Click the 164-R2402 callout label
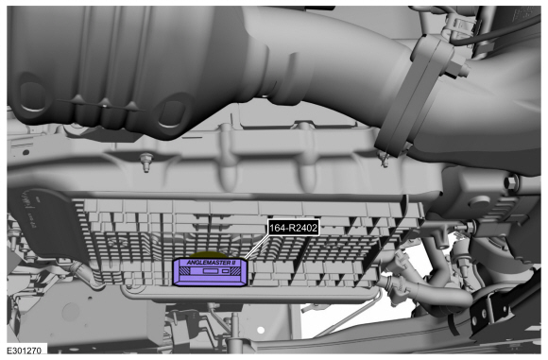click(x=293, y=229)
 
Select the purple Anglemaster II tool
click(x=211, y=272)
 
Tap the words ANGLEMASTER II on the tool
click(x=211, y=262)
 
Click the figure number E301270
click(x=25, y=350)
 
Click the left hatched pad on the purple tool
click(x=187, y=271)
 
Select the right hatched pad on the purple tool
click(x=234, y=271)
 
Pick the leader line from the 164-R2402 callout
click(x=257, y=248)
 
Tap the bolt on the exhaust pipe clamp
click(x=458, y=70)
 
